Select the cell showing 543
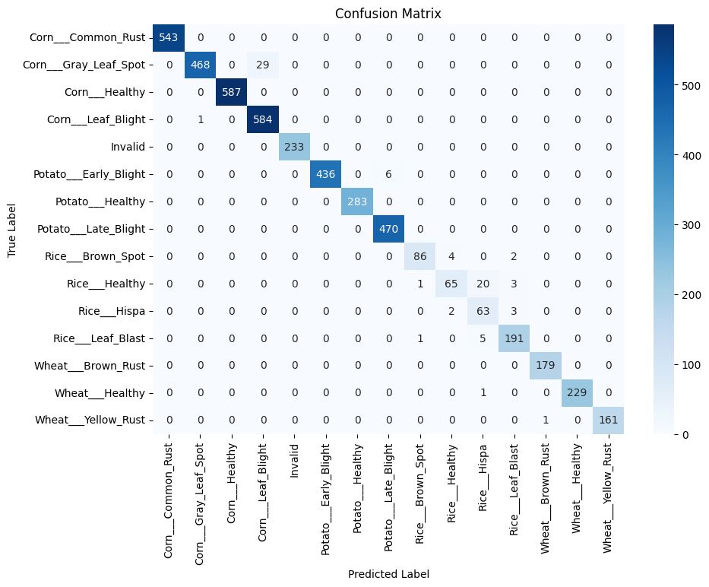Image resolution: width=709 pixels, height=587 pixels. pyautogui.click(x=169, y=36)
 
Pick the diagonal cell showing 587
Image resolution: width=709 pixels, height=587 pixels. pyautogui.click(x=232, y=91)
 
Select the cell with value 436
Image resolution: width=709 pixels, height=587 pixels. pyautogui.click(x=326, y=173)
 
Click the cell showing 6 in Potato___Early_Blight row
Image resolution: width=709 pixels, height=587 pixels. pyautogui.click(x=388, y=173)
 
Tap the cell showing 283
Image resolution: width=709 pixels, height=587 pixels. pyautogui.click(x=357, y=201)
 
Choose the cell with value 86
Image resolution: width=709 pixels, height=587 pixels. pyautogui.click(x=420, y=255)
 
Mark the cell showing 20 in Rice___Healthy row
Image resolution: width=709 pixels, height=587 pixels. pyautogui.click(x=483, y=283)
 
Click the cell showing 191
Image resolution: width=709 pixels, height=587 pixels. pyautogui.click(x=514, y=338)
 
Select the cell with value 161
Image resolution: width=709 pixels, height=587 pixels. pyautogui.click(x=608, y=420)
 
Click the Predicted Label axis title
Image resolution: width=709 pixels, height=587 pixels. pyautogui.click(x=388, y=574)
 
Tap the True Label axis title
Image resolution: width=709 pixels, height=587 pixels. pyautogui.click(x=13, y=228)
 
